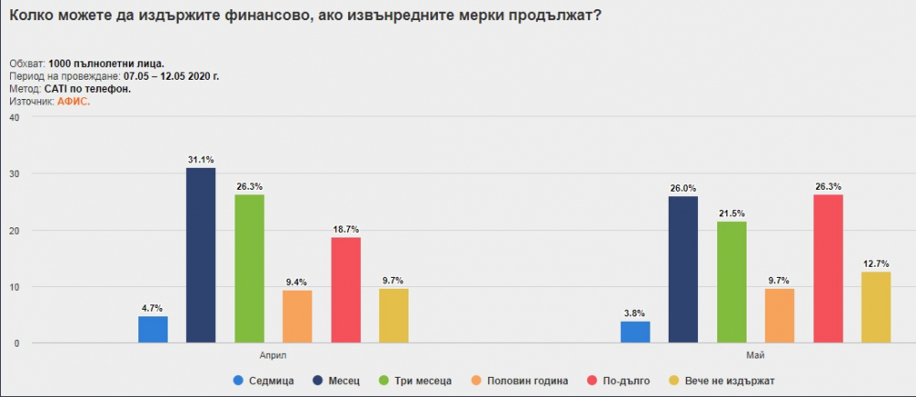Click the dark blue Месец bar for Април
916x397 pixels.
tap(201, 255)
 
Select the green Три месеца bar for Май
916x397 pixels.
tap(731, 281)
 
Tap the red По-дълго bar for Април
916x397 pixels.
tap(346, 290)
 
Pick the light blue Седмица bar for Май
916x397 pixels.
tap(635, 332)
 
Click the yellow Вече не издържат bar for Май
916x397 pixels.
tap(877, 307)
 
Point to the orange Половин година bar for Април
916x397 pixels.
tap(298, 316)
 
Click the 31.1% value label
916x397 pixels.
tap(201, 159)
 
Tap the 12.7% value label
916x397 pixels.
tap(877, 263)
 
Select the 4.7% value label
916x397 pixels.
tap(152, 308)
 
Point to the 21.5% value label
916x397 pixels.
tap(731, 213)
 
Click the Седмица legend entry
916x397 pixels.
tap(264, 380)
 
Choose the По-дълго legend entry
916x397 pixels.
tap(618, 380)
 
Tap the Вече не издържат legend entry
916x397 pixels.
tap(722, 380)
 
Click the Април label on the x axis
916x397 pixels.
tap(273, 355)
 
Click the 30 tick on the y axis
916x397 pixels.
tap(16, 173)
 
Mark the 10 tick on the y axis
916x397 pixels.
tap(16, 286)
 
